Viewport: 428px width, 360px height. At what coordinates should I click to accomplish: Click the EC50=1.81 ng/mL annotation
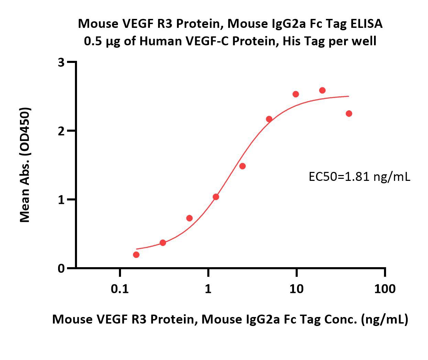tap(359, 177)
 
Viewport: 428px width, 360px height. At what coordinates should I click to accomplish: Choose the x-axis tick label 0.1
tap(120, 289)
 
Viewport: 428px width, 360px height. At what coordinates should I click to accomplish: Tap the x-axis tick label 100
tap(385, 289)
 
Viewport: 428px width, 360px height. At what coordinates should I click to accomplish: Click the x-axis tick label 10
tap(296, 289)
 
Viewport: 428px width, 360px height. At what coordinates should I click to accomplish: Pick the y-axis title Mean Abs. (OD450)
tap(25, 165)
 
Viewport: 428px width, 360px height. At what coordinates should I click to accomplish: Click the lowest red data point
tap(136, 255)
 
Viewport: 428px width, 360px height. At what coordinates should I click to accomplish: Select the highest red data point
tap(322, 90)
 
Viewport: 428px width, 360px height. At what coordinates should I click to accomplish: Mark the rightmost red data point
tap(349, 113)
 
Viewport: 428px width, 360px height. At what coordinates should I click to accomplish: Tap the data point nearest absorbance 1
tap(216, 197)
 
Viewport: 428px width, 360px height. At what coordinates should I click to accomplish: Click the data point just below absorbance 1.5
tap(242, 166)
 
